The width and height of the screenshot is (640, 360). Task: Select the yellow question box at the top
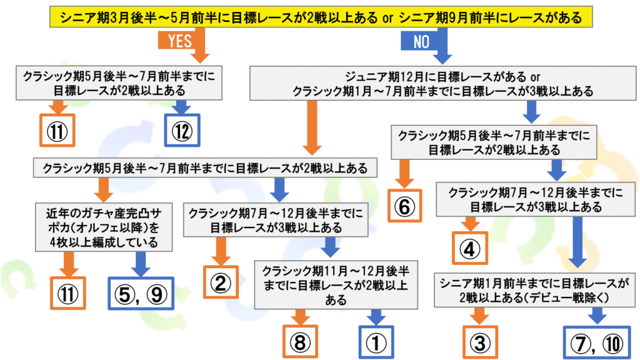tap(320, 18)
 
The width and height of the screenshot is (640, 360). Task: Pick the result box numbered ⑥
tap(404, 207)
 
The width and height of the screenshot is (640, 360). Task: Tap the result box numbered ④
tap(469, 248)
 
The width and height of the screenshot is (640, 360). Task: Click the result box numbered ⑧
tap(301, 341)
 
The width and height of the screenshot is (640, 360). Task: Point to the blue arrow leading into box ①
tap(374, 316)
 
